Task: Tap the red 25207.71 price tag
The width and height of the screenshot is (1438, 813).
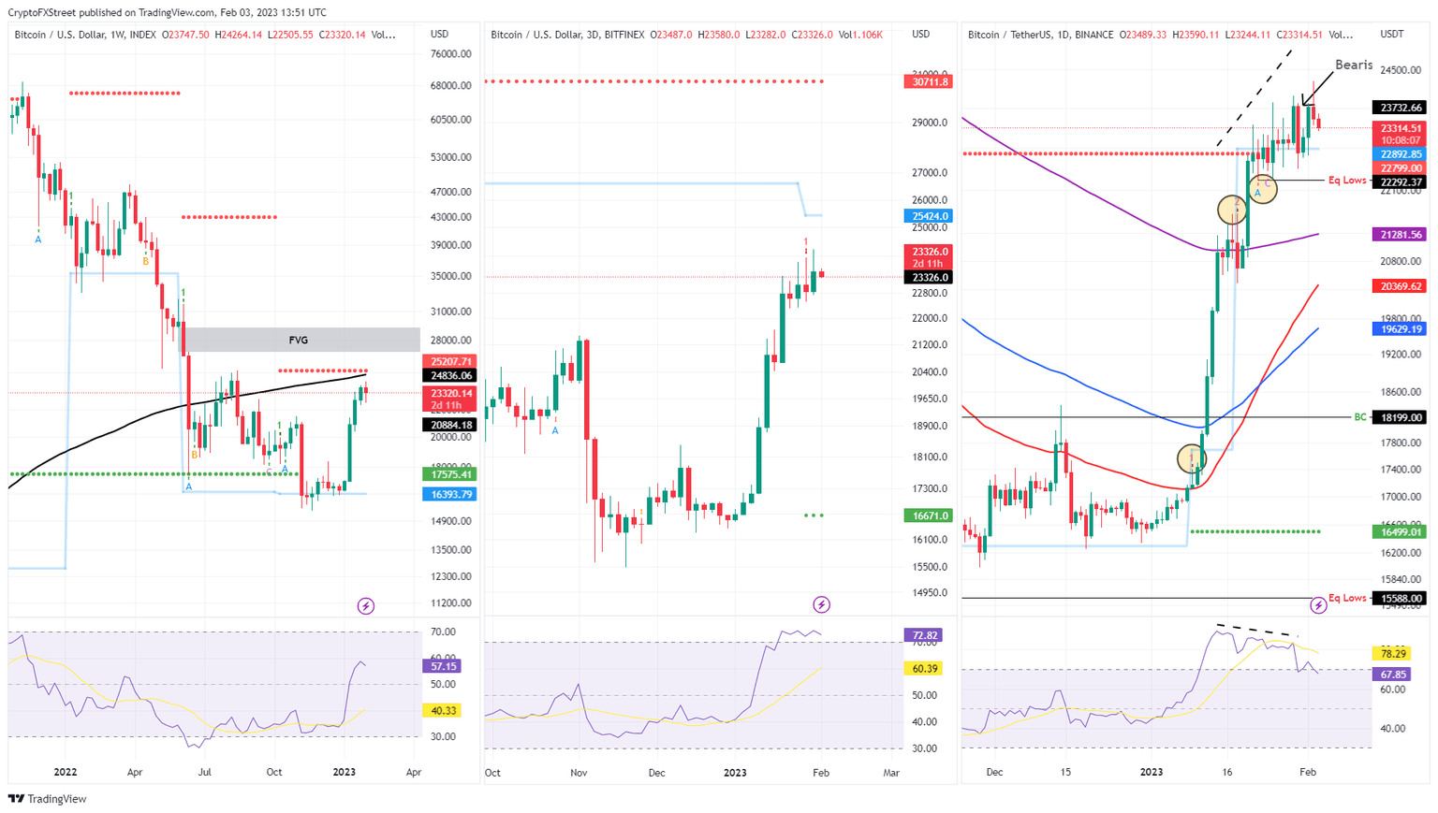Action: (x=450, y=361)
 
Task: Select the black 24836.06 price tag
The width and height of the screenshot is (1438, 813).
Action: (x=450, y=375)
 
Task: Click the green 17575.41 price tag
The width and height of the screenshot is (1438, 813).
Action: (x=450, y=474)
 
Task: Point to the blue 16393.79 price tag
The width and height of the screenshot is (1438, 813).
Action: (x=450, y=494)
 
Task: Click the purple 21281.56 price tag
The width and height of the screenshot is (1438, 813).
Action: (x=1400, y=235)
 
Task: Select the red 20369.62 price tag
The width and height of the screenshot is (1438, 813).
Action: (x=1400, y=286)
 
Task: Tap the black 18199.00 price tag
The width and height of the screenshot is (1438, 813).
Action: (x=1400, y=417)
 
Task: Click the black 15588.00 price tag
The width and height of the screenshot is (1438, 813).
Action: (x=1400, y=598)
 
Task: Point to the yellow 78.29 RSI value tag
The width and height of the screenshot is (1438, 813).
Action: (x=1392, y=653)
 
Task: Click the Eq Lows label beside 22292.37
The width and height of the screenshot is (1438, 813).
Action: (x=1347, y=180)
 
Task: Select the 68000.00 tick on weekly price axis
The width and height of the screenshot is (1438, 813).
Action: (x=450, y=86)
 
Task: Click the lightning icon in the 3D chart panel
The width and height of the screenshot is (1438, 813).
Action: (x=821, y=604)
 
